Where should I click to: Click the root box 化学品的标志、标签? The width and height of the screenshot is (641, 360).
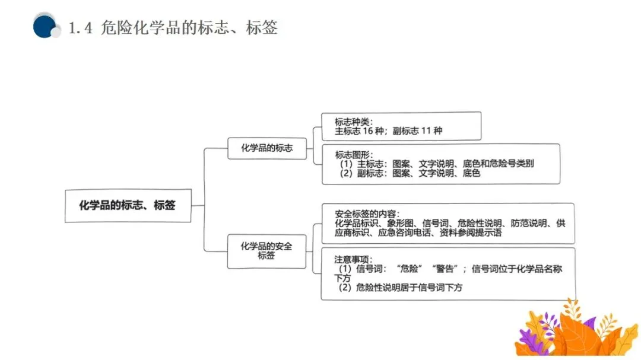click(x=128, y=205)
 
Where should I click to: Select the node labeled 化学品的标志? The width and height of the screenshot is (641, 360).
click(x=266, y=148)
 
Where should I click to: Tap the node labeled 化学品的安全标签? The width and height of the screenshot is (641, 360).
click(x=266, y=251)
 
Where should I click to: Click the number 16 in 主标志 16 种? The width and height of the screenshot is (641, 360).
click(x=371, y=130)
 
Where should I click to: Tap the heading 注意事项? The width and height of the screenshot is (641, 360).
click(x=352, y=259)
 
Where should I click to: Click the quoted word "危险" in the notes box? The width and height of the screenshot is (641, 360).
click(x=410, y=269)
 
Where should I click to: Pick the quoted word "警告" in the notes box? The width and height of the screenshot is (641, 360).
click(x=446, y=269)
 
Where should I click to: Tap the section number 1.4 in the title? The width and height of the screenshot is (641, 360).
click(x=81, y=28)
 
